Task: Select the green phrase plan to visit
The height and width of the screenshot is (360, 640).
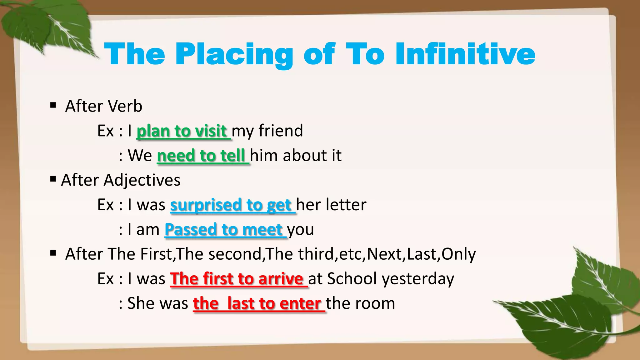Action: click(182, 131)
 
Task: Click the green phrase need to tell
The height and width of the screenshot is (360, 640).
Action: click(201, 156)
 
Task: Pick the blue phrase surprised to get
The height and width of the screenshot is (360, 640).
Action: click(231, 205)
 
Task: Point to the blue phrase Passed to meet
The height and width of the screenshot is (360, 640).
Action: click(224, 230)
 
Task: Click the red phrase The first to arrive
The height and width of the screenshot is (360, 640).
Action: click(237, 279)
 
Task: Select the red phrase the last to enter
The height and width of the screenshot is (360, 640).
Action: click(257, 303)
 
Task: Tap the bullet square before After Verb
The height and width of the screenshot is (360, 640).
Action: click(53, 105)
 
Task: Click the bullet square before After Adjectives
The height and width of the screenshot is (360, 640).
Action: click(53, 179)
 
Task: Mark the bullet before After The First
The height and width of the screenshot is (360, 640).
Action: click(53, 253)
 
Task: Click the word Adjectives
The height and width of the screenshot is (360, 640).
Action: click(142, 180)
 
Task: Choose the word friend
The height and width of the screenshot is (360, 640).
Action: click(281, 131)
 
